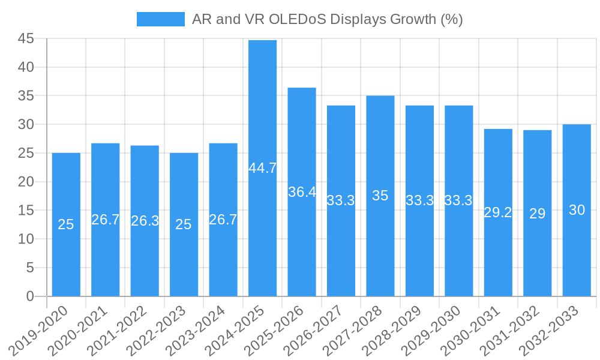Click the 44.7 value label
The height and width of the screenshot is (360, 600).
263,168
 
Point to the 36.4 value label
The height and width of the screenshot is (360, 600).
302,192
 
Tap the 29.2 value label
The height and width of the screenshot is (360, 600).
498,212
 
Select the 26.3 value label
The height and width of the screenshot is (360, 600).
145,221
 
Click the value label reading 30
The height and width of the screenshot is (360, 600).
577,210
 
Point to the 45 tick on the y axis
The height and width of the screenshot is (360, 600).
26,38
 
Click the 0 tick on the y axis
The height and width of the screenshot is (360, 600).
30,296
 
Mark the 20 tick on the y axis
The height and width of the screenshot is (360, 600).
26,182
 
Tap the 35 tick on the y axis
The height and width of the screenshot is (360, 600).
26,96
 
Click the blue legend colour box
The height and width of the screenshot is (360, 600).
160,19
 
